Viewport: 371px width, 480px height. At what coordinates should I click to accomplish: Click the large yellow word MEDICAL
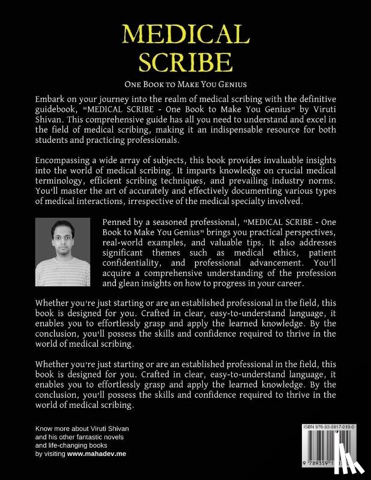click(185, 34)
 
